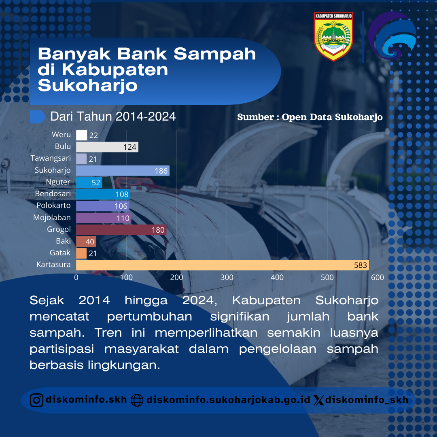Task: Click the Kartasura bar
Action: click(223, 265)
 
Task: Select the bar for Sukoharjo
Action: click(123, 171)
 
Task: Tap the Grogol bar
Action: click(121, 230)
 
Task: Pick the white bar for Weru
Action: click(82, 135)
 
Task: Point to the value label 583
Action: click(361, 265)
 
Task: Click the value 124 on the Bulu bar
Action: click(129, 147)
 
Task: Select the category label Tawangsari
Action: click(51, 158)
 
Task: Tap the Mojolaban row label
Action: click(52, 217)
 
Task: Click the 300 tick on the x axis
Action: click(227, 277)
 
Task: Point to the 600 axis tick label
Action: click(378, 277)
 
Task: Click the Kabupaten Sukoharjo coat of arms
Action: click(333, 36)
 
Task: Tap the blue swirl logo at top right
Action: click(392, 35)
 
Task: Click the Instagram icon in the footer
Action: click(36, 400)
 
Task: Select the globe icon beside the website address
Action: click(137, 401)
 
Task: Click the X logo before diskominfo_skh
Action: click(318, 401)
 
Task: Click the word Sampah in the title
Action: click(214, 54)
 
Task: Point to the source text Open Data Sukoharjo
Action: click(332, 117)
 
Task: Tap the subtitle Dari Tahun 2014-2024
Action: click(113, 117)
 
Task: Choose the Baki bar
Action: click(86, 242)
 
